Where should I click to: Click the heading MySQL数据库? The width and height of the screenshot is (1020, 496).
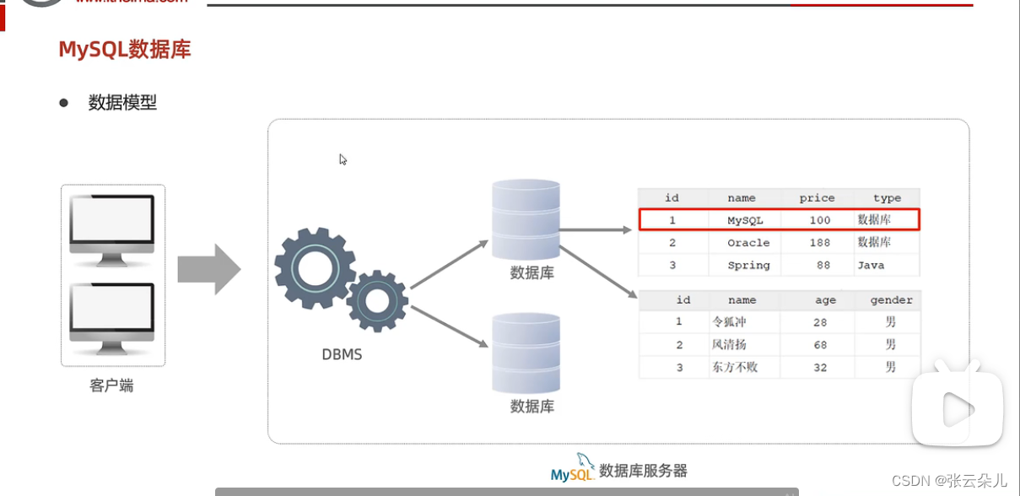pos(125,49)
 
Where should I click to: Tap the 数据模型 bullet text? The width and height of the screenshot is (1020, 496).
pos(122,103)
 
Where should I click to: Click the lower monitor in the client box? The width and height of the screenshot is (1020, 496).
pos(112,314)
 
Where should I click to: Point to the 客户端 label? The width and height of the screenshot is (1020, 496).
pos(111,386)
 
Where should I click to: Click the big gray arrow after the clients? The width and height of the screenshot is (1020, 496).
pos(208,269)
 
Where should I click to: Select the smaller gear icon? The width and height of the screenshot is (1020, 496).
pos(377,299)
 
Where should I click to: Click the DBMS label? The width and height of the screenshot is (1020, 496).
pos(342,354)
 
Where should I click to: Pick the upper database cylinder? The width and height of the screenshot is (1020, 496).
pos(526,218)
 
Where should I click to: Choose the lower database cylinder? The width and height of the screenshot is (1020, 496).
pos(526,353)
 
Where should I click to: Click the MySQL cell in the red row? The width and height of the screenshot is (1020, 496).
pos(745,220)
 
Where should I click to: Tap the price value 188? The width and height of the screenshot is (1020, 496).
pos(818,243)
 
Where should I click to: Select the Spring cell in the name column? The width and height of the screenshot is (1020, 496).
pos(748,265)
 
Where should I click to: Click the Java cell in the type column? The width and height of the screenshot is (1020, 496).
pos(871,265)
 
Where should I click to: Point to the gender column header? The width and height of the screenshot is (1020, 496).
pos(892,299)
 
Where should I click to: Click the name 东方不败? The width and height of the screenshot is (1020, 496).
pos(735,367)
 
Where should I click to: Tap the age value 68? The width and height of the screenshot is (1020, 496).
pos(820,345)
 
